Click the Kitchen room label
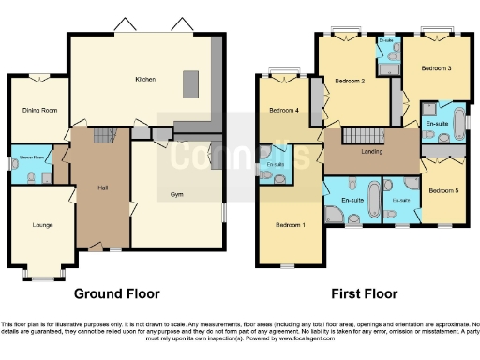coord(145,79)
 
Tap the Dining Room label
coord(39,110)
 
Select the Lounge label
coord(41,225)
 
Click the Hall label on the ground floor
coord(102,187)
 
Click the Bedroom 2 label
coord(350,82)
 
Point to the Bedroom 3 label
coord(436,68)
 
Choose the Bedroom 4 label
coord(283,111)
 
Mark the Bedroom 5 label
coord(443,190)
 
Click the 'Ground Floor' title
coord(116,292)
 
